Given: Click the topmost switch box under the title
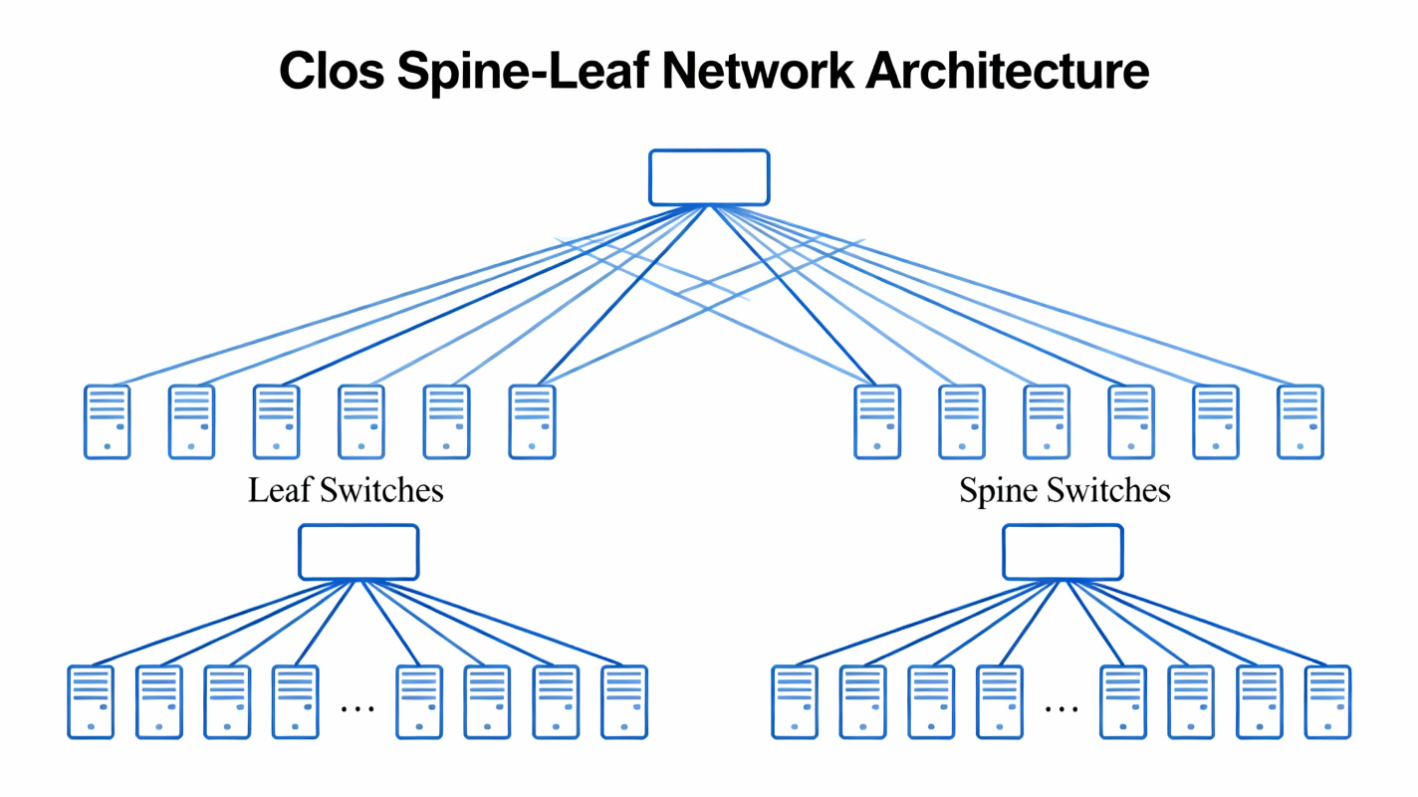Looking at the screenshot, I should click(709, 177).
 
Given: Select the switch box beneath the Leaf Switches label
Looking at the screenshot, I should click(358, 552).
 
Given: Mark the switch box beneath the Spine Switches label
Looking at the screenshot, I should click(1063, 552).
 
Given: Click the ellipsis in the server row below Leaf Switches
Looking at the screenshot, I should click(357, 708).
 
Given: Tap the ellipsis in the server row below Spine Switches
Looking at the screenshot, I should click(1062, 708).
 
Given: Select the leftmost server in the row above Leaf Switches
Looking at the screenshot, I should click(108, 421).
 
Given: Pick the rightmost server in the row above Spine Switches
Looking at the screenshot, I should click(1300, 421).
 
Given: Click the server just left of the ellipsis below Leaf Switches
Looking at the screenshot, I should click(296, 702).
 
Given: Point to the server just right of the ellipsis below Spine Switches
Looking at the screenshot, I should click(1123, 702).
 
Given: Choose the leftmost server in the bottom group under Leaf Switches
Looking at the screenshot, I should click(91, 702).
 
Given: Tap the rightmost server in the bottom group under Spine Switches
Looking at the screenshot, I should click(1328, 702).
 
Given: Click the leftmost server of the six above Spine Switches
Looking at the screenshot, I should click(877, 421).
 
